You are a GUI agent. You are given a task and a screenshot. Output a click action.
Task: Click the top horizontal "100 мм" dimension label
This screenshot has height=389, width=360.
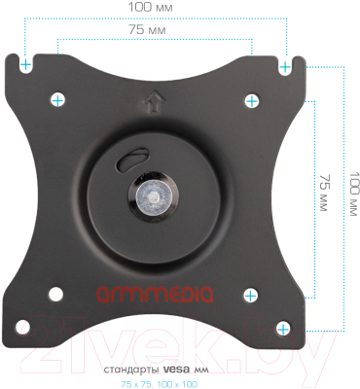click(150, 8)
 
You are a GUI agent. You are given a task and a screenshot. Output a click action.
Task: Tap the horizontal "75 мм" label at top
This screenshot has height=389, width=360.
click(147, 29)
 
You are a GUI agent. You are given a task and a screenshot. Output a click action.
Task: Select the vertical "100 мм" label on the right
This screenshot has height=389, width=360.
click(354, 194)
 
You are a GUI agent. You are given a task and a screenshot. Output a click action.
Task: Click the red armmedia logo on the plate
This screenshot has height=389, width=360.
click(155, 294)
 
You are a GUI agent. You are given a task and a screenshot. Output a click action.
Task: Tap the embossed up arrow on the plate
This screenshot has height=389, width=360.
click(154, 101)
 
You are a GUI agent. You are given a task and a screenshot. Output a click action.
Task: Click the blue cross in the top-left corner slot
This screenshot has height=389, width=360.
click(26, 65)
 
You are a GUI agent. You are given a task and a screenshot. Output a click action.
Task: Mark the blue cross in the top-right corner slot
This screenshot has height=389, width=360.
click(285, 67)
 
